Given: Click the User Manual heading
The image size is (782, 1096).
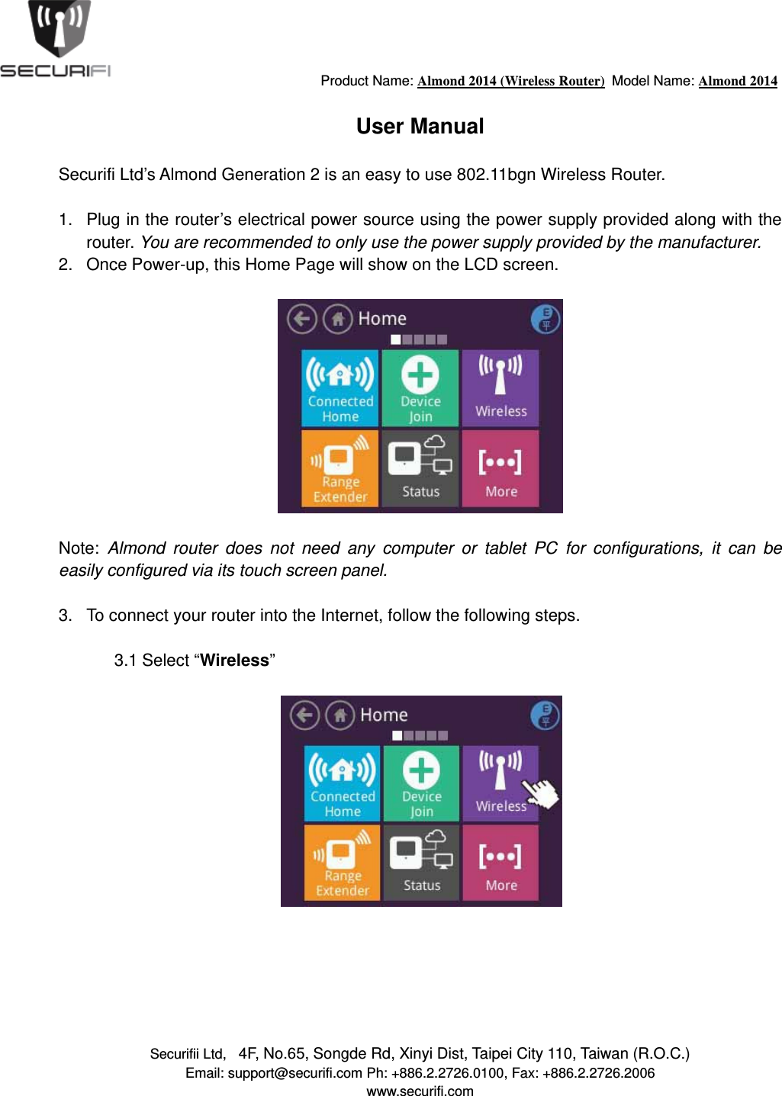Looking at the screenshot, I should click(x=420, y=127).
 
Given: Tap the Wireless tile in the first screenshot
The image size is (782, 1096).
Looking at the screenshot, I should click(x=500, y=387).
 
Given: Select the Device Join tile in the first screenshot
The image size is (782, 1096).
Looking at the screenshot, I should click(x=420, y=387).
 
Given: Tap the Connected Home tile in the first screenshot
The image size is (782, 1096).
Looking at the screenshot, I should click(x=340, y=387).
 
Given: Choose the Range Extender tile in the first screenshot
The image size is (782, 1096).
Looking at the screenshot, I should click(x=340, y=468).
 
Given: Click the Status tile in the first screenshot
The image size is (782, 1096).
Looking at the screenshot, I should click(x=420, y=468).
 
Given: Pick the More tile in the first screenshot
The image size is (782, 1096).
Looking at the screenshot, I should click(x=500, y=468).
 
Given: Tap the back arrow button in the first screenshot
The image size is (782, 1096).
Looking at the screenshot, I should click(x=302, y=318).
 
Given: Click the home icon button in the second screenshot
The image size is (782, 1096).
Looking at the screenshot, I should click(x=340, y=715).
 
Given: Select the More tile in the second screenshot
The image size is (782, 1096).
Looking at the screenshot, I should click(x=500, y=863).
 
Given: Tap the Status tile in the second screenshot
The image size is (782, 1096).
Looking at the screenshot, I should click(x=421, y=863).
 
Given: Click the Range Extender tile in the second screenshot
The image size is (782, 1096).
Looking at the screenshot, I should click(x=343, y=863).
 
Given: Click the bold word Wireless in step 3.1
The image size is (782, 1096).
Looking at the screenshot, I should click(x=234, y=660).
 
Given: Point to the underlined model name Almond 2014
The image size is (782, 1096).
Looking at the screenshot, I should click(x=738, y=81).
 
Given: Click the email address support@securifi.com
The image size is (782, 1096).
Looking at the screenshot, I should click(x=294, y=1073).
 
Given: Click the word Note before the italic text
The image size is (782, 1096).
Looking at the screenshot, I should click(x=77, y=548).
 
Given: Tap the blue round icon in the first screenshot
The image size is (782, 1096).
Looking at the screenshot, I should click(x=545, y=318).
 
